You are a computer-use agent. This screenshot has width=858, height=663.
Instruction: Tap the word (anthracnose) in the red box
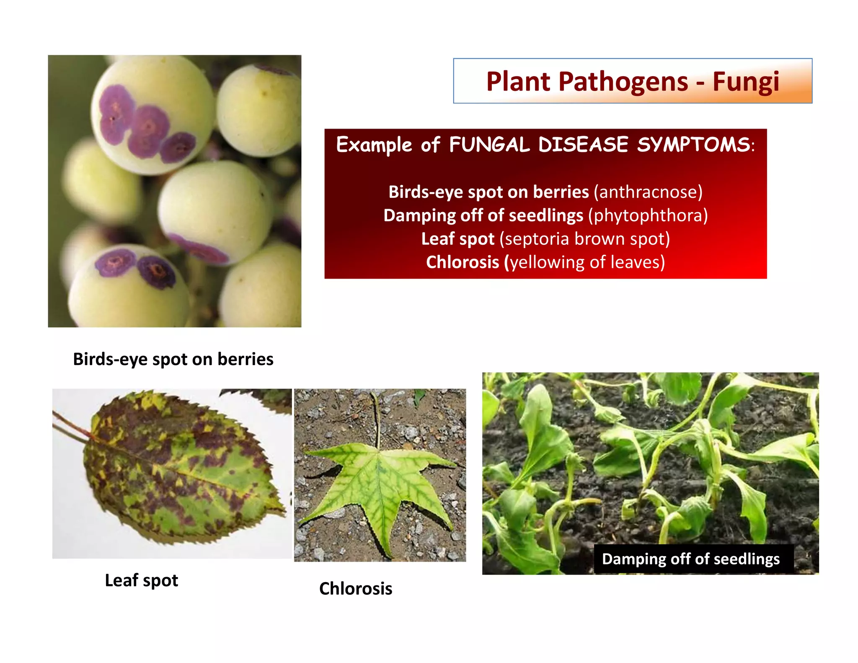pyautogui.click(x=648, y=192)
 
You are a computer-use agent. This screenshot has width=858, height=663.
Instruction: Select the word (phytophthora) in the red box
pyautogui.click(x=648, y=215)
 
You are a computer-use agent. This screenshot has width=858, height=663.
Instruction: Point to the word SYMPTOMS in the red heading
pyautogui.click(x=693, y=145)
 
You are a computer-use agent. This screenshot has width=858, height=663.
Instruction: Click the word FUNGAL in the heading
pyautogui.click(x=489, y=145)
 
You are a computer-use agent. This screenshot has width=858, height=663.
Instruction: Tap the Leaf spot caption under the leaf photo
pyautogui.click(x=141, y=580)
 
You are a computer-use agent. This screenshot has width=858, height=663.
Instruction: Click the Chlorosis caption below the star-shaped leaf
pyautogui.click(x=356, y=589)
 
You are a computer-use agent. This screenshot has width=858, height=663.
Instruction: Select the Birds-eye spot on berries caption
pyautogui.click(x=173, y=359)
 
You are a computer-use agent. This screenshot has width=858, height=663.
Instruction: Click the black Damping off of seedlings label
pyautogui.click(x=691, y=559)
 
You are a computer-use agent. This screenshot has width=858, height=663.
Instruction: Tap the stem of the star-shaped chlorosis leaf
pyautogui.click(x=377, y=419)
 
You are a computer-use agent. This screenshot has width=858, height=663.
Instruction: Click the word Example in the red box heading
pyautogui.click(x=374, y=145)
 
